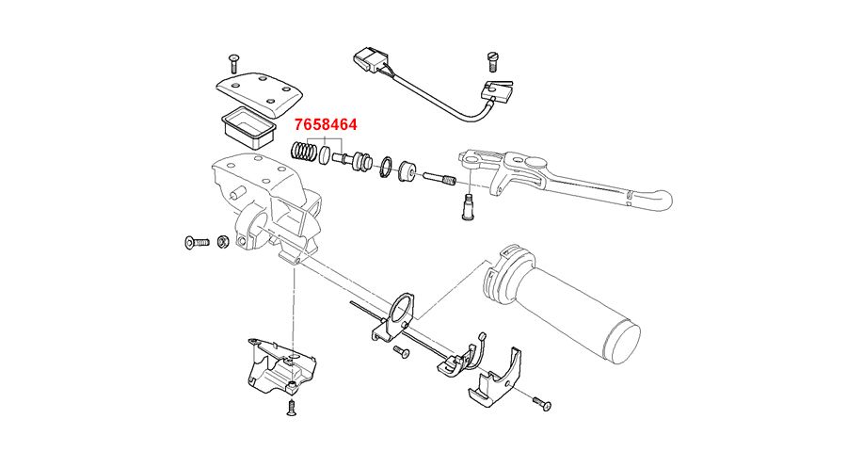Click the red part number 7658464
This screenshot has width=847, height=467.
click(325, 124)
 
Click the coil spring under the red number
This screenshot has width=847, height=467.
click(303, 151)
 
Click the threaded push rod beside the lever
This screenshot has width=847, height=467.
click(439, 177)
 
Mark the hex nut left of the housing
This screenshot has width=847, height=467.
click(224, 242)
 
